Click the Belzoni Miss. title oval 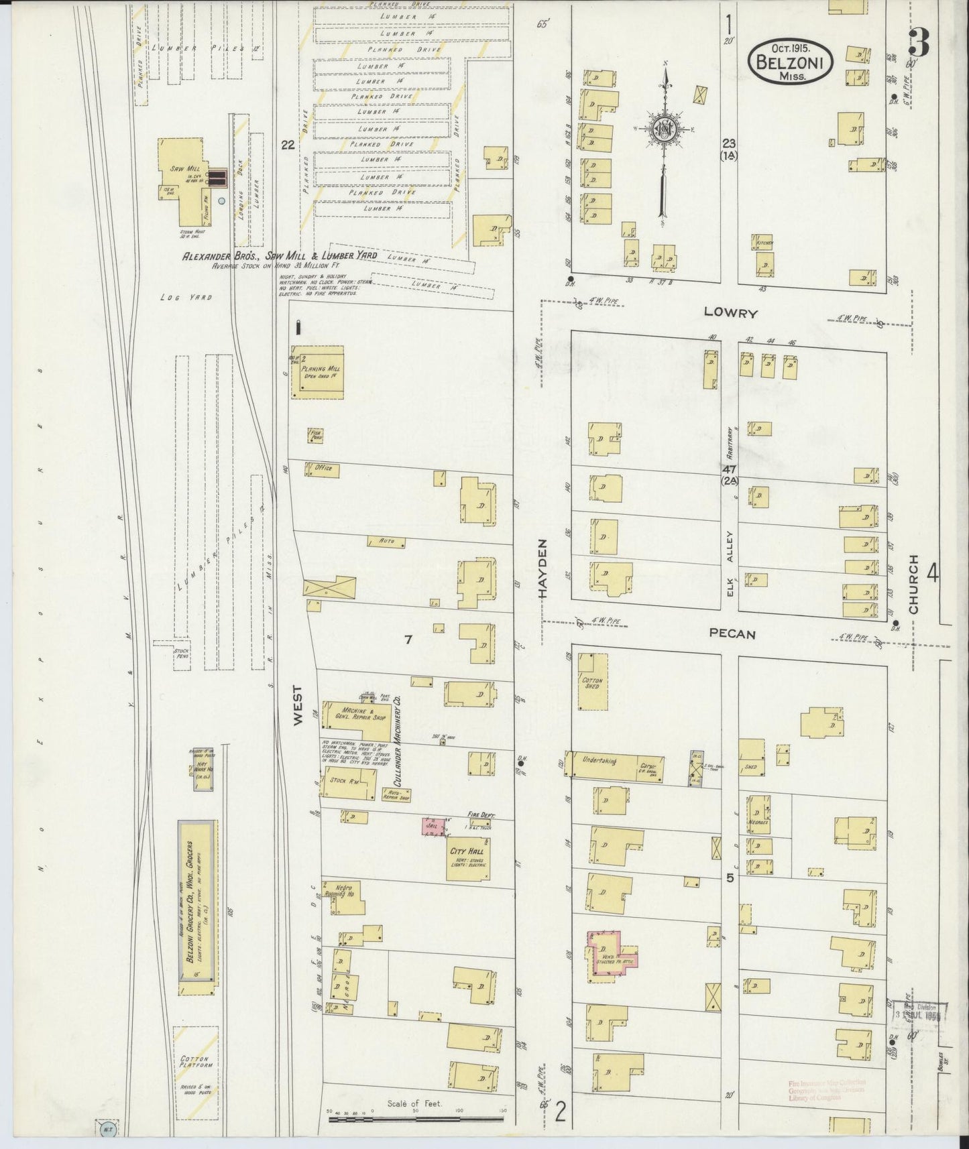pos(791,62)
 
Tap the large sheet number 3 pos(919,44)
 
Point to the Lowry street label pos(730,313)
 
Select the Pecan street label pos(732,633)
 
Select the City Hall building pos(468,856)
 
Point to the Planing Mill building pos(317,372)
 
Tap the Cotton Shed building pos(593,681)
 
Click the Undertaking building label pos(600,761)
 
